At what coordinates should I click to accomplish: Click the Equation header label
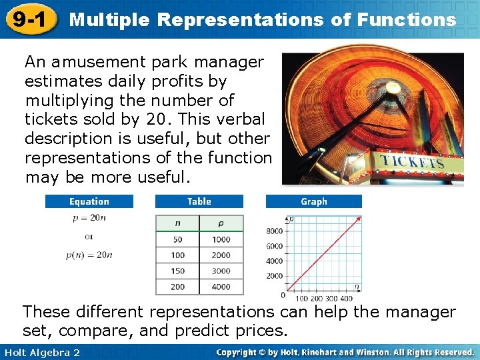point(89,201)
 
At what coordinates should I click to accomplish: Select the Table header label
point(199,201)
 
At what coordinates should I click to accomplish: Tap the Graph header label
point(313,201)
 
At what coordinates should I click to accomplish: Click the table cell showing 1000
point(221,239)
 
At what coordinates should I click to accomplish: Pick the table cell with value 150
point(177,271)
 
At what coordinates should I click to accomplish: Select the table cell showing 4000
point(221,287)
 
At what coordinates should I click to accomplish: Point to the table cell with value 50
point(177,239)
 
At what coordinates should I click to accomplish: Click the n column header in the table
point(177,224)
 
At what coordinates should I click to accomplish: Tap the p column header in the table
point(221,224)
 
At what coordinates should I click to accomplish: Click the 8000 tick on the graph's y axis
point(275,231)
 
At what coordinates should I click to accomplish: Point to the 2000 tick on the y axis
point(275,276)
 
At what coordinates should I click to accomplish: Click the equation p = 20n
point(89,218)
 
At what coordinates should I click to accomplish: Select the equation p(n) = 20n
point(89,255)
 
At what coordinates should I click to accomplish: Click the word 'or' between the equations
point(89,237)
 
